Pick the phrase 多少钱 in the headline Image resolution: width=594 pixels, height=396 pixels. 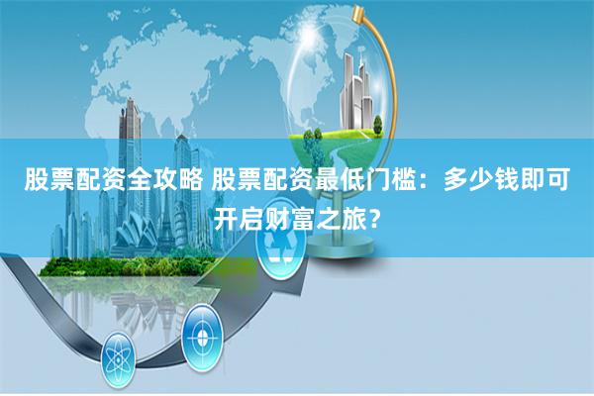481,181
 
